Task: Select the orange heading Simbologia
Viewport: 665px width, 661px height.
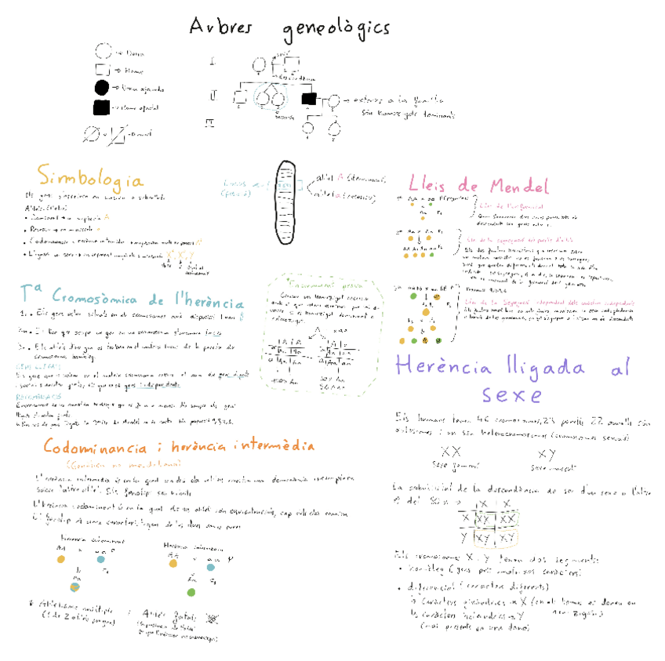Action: (x=90, y=175)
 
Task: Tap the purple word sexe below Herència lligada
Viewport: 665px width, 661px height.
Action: (x=511, y=393)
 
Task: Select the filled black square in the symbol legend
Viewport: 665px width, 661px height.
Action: (x=102, y=107)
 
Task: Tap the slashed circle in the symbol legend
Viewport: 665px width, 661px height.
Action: (x=92, y=134)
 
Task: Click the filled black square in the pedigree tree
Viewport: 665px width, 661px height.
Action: (x=309, y=99)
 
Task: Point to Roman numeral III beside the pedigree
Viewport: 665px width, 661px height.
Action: (x=209, y=123)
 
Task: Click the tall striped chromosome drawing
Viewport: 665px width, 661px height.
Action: (x=286, y=202)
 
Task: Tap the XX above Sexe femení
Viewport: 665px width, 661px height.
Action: (x=450, y=453)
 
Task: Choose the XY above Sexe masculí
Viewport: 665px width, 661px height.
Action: (x=547, y=453)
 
